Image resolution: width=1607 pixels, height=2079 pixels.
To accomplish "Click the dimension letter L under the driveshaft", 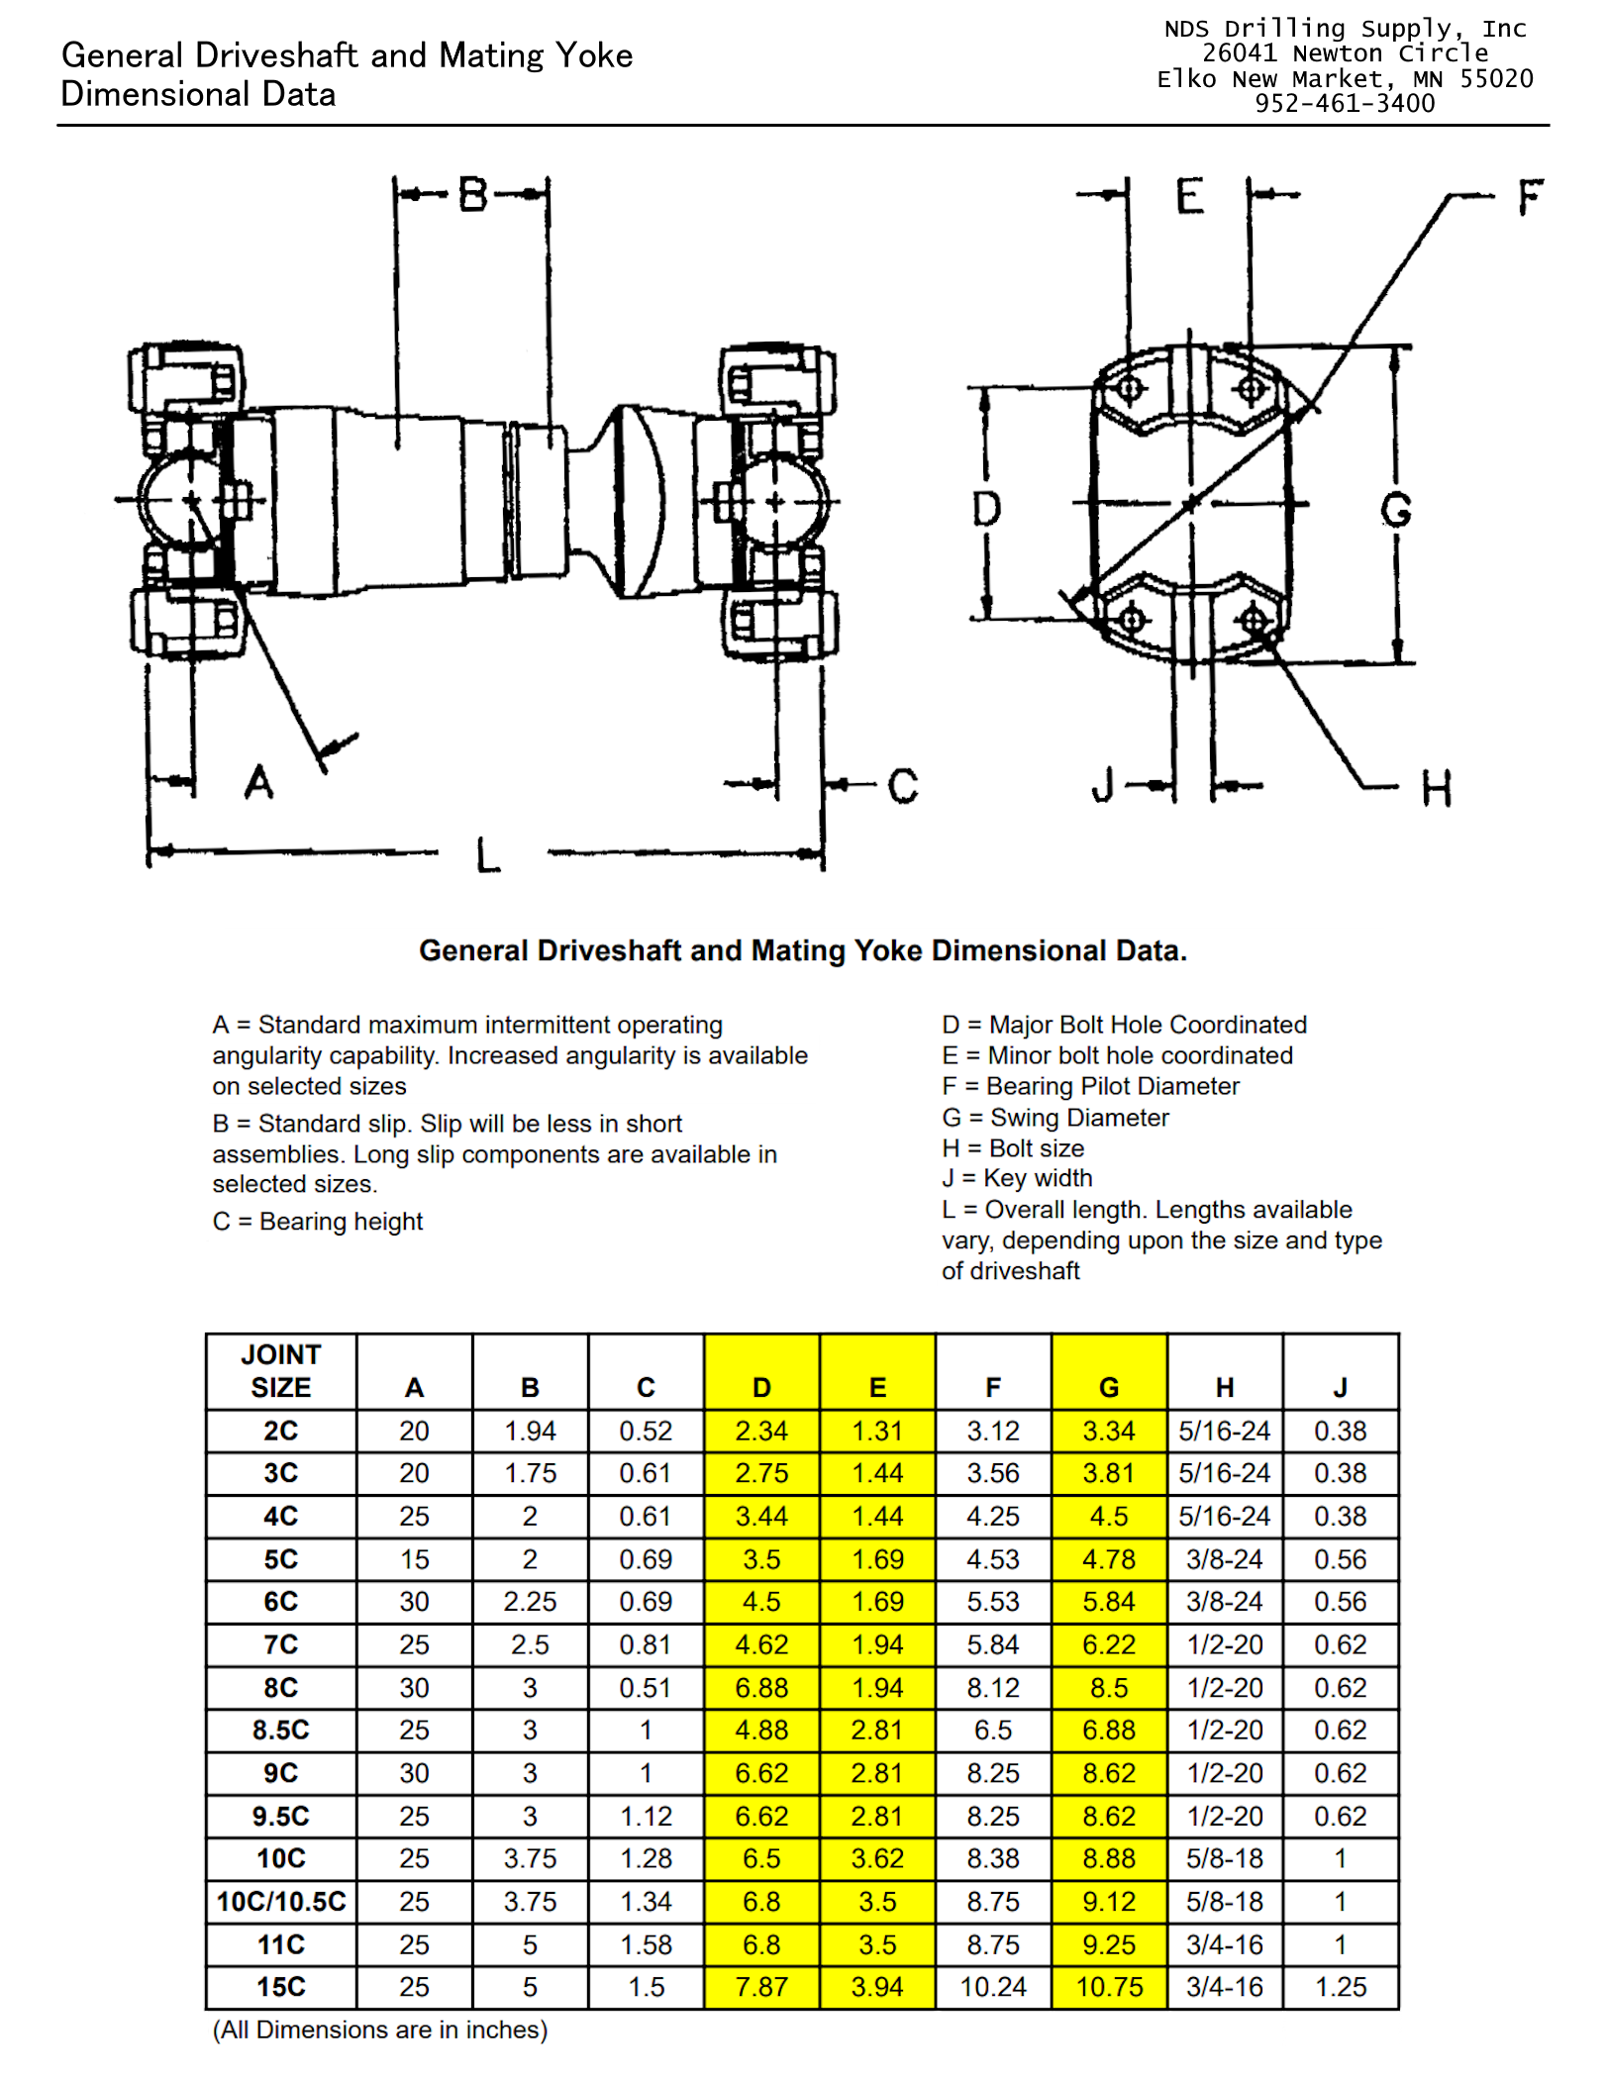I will point(488,854).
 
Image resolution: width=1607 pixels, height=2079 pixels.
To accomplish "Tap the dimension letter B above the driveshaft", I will point(473,195).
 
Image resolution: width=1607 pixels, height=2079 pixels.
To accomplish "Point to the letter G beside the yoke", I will point(1396,511).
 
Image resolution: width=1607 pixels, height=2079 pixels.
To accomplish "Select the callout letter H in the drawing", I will point(1437,789).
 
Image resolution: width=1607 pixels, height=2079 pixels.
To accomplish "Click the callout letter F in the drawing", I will point(1530,197).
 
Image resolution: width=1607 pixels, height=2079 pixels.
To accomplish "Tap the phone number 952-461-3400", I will point(1345,104).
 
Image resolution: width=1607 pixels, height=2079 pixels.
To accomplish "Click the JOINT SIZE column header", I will point(281,1371).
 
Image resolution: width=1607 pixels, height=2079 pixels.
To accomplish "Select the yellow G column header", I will point(1109,1388).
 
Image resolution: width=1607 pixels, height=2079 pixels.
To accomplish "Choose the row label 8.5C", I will point(281,1731).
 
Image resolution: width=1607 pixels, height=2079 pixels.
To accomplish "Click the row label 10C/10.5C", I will point(281,1902).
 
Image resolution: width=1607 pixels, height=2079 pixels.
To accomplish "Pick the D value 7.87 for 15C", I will point(761,1987).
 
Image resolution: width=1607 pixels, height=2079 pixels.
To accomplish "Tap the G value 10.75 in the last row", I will point(1109,1987).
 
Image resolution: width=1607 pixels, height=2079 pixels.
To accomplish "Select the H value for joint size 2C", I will point(1225,1431).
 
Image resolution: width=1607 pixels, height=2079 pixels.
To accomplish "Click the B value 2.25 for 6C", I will point(530,1602).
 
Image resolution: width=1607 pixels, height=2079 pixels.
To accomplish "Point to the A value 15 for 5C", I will point(414,1559).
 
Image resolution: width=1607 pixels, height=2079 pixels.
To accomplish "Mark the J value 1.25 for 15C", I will point(1341,1987).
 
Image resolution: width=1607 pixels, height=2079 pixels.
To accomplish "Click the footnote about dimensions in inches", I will point(380,2030).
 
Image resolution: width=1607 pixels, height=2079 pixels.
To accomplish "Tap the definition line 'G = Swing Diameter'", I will point(1055,1118).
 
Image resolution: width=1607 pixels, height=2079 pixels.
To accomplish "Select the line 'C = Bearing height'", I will point(318,1222).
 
